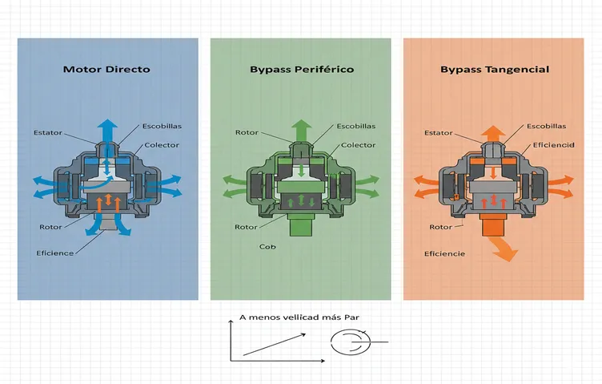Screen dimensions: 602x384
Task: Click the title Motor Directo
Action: (106, 70)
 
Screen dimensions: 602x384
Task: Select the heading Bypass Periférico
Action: (302, 70)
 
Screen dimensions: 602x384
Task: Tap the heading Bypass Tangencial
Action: (495, 70)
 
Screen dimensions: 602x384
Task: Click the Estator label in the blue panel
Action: (47, 132)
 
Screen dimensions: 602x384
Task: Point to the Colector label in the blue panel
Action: (162, 145)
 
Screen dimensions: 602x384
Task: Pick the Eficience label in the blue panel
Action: (55, 253)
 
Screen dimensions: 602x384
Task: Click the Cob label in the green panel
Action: (267, 246)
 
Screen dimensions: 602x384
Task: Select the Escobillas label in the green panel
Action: (356, 126)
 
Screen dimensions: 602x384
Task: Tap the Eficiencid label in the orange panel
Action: (554, 145)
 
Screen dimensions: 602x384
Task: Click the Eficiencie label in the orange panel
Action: (444, 253)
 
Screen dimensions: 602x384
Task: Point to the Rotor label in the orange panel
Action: (441, 227)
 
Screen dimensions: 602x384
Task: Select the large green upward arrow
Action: (302, 130)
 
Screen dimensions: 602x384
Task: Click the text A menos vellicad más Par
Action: (299, 317)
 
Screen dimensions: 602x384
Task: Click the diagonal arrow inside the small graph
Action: (275, 345)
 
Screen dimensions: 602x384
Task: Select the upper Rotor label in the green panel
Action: (247, 132)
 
